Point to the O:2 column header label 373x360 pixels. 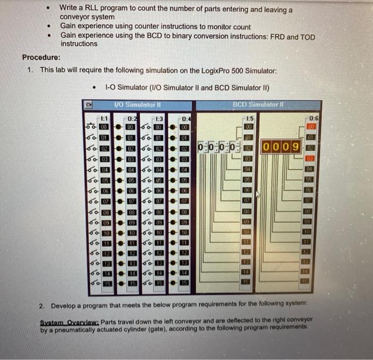[132, 118]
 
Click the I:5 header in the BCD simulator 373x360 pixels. [247, 118]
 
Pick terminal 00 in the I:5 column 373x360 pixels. [247, 127]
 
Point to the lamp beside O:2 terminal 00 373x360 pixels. [119, 127]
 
